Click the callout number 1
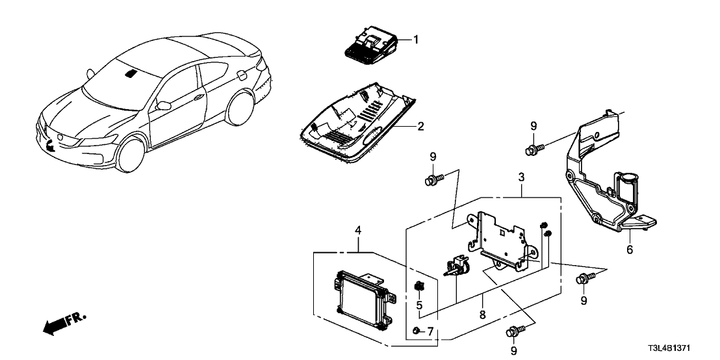point(416,40)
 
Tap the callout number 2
point(420,126)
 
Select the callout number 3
point(522,177)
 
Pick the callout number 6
point(629,250)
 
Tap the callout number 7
point(428,332)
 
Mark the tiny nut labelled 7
point(415,332)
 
